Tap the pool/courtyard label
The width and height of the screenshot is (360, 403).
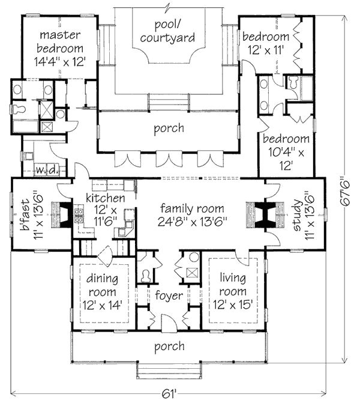pos(167,31)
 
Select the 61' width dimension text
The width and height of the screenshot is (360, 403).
pos(169,393)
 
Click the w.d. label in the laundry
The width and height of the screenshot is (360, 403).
pos(47,169)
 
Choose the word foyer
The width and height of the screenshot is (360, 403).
pos(169,295)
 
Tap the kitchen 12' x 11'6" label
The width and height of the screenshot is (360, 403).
pos(105,210)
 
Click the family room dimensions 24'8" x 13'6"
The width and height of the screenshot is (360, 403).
pos(193,221)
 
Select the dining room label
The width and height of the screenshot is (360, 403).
pos(102,285)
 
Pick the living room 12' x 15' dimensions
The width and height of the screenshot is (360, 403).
pos(233,305)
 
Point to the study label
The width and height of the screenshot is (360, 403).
pos(298,216)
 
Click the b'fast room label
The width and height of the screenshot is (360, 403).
pos(26,216)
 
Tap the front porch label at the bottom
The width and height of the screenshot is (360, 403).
pos(169,347)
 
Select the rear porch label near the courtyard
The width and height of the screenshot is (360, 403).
pos(169,128)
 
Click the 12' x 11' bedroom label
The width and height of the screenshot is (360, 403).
pos(266,43)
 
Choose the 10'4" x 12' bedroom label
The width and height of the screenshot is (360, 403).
pos(286,152)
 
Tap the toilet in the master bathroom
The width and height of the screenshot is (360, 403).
pos(18,109)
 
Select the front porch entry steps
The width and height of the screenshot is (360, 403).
pos(169,370)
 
